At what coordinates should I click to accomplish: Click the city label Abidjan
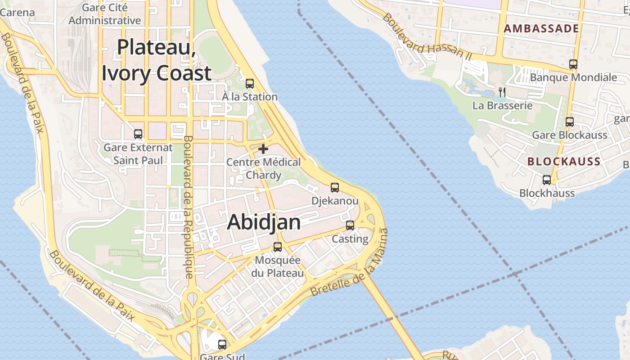pyautogui.click(x=264, y=222)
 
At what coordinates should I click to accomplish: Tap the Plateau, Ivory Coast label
pyautogui.click(x=157, y=60)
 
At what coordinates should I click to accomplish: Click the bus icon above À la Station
pyautogui.click(x=250, y=84)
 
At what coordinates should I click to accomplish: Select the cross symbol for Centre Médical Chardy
pyautogui.click(x=263, y=148)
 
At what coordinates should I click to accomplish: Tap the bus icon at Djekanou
pyautogui.click(x=335, y=188)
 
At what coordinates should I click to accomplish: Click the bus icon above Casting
pyautogui.click(x=350, y=225)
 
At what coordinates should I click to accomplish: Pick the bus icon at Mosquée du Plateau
pyautogui.click(x=278, y=247)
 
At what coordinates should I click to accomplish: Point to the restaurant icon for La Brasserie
pyautogui.click(x=502, y=92)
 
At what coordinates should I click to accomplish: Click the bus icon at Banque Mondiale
pyautogui.click(x=573, y=64)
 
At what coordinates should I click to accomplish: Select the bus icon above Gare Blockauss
pyautogui.click(x=570, y=121)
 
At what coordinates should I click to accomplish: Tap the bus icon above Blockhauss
pyautogui.click(x=547, y=180)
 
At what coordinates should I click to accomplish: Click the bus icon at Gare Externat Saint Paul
pyautogui.click(x=138, y=134)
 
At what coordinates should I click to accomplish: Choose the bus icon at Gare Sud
pyautogui.click(x=222, y=345)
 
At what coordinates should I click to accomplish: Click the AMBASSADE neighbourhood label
pyautogui.click(x=541, y=29)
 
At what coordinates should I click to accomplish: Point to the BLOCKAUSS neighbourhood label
pyautogui.click(x=564, y=162)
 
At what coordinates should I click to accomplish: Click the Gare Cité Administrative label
pyautogui.click(x=105, y=14)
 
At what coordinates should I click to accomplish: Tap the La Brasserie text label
pyautogui.click(x=502, y=106)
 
